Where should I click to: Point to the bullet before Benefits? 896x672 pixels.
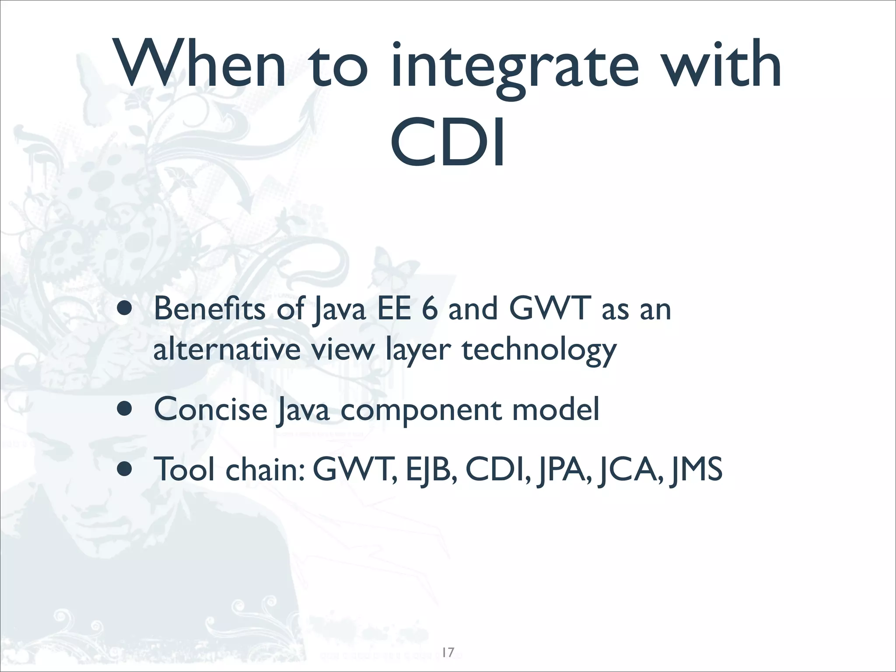(x=124, y=310)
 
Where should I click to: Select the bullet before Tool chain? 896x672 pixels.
(x=124, y=469)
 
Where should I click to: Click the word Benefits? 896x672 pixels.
(x=209, y=308)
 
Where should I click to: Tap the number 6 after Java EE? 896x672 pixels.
(x=429, y=308)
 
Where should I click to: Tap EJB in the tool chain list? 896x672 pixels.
(x=431, y=469)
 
